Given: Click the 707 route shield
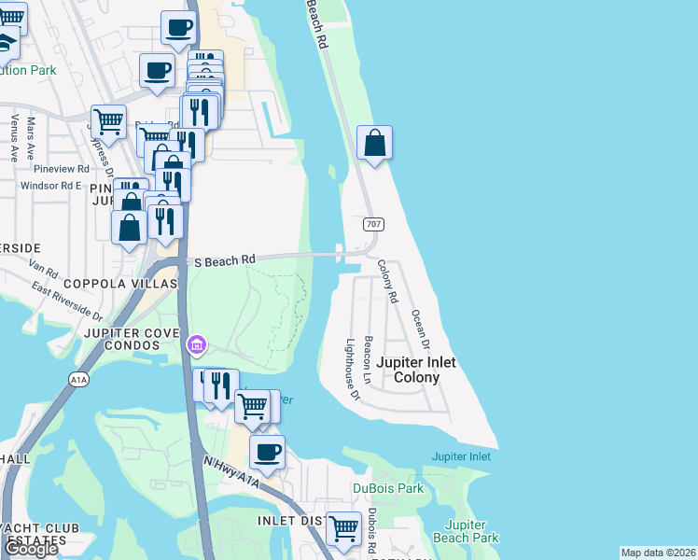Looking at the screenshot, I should [373, 225].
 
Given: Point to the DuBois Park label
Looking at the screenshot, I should [388, 488].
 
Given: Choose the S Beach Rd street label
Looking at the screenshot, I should [224, 261].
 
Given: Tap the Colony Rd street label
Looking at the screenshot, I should [388, 281].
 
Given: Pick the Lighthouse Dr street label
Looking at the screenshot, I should [353, 369].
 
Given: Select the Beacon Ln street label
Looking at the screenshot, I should [369, 361].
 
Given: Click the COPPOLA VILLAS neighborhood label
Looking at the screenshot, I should [119, 283].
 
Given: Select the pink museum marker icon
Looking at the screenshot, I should [195, 346].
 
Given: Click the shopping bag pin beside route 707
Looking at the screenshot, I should [374, 144].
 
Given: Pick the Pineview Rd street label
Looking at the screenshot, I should [61, 169].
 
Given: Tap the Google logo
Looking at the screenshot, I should [31, 549].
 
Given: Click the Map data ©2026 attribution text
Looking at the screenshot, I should [659, 553].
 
